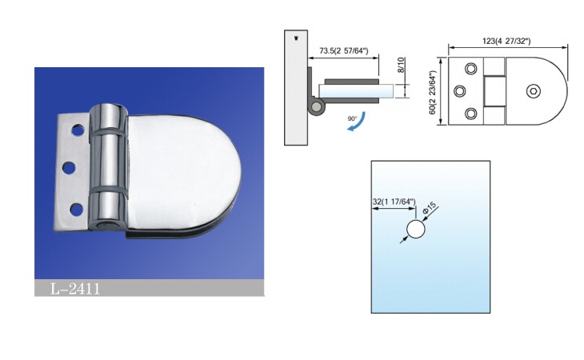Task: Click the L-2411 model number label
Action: click(75, 289)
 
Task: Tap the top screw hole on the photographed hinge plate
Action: click(78, 130)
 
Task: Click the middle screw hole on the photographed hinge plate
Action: click(69, 167)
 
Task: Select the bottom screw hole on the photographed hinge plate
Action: click(76, 210)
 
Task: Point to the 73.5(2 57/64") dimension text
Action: click(344, 50)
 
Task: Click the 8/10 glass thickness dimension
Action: click(401, 65)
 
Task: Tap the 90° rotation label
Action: click(352, 118)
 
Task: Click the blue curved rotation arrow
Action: click(357, 122)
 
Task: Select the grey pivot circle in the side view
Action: click(317, 107)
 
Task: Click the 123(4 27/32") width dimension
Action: click(506, 41)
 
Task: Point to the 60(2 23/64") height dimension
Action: click(433, 92)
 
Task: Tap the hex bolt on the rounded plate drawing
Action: click(534, 91)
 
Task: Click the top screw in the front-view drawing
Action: click(470, 69)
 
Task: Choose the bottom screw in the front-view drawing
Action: click(470, 113)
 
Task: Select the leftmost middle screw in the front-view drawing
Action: click(460, 91)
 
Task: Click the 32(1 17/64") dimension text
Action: click(394, 202)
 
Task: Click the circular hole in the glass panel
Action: click(416, 229)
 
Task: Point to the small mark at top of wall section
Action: click(297, 38)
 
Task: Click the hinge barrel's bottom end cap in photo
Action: click(105, 225)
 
